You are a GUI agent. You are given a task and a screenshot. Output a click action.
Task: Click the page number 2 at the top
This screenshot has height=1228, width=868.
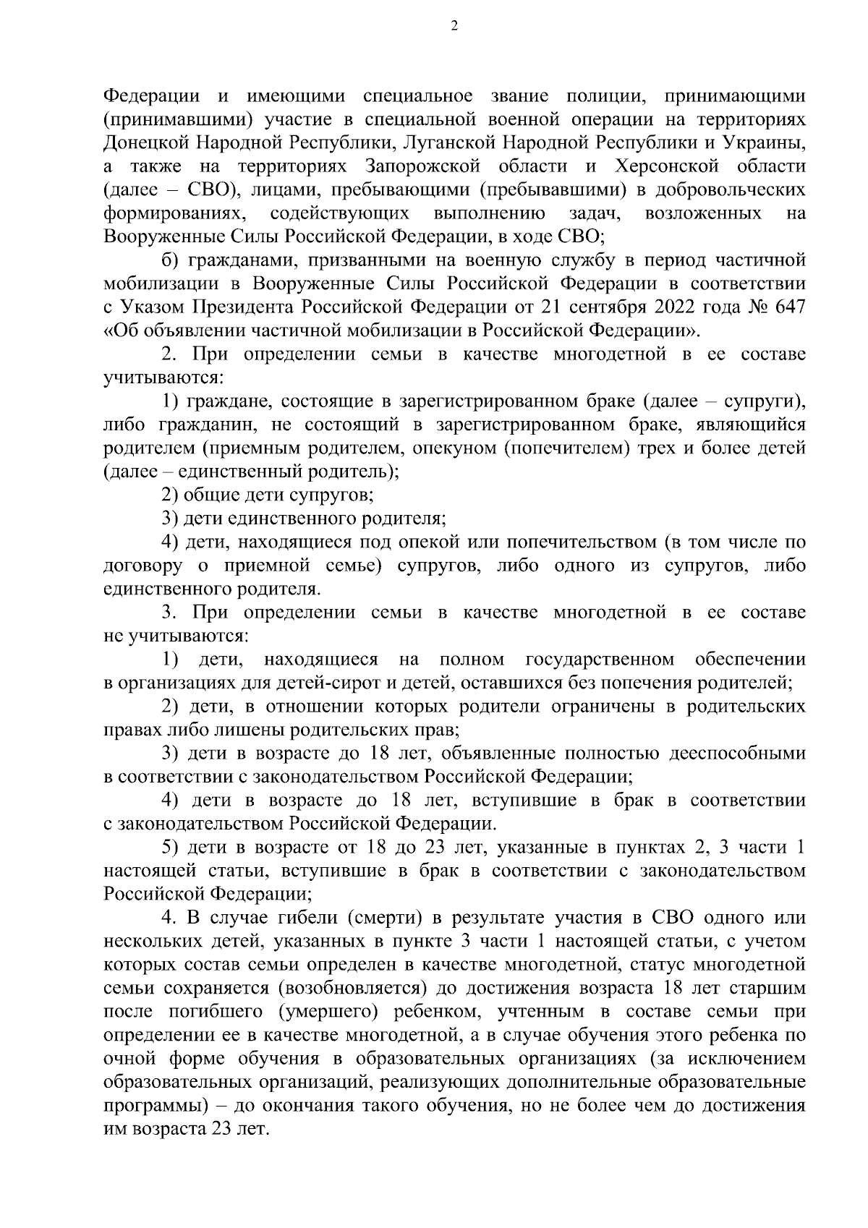(454, 27)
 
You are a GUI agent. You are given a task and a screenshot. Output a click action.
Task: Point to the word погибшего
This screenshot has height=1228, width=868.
(221, 1012)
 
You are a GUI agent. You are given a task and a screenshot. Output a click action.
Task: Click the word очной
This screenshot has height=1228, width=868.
(127, 1059)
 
